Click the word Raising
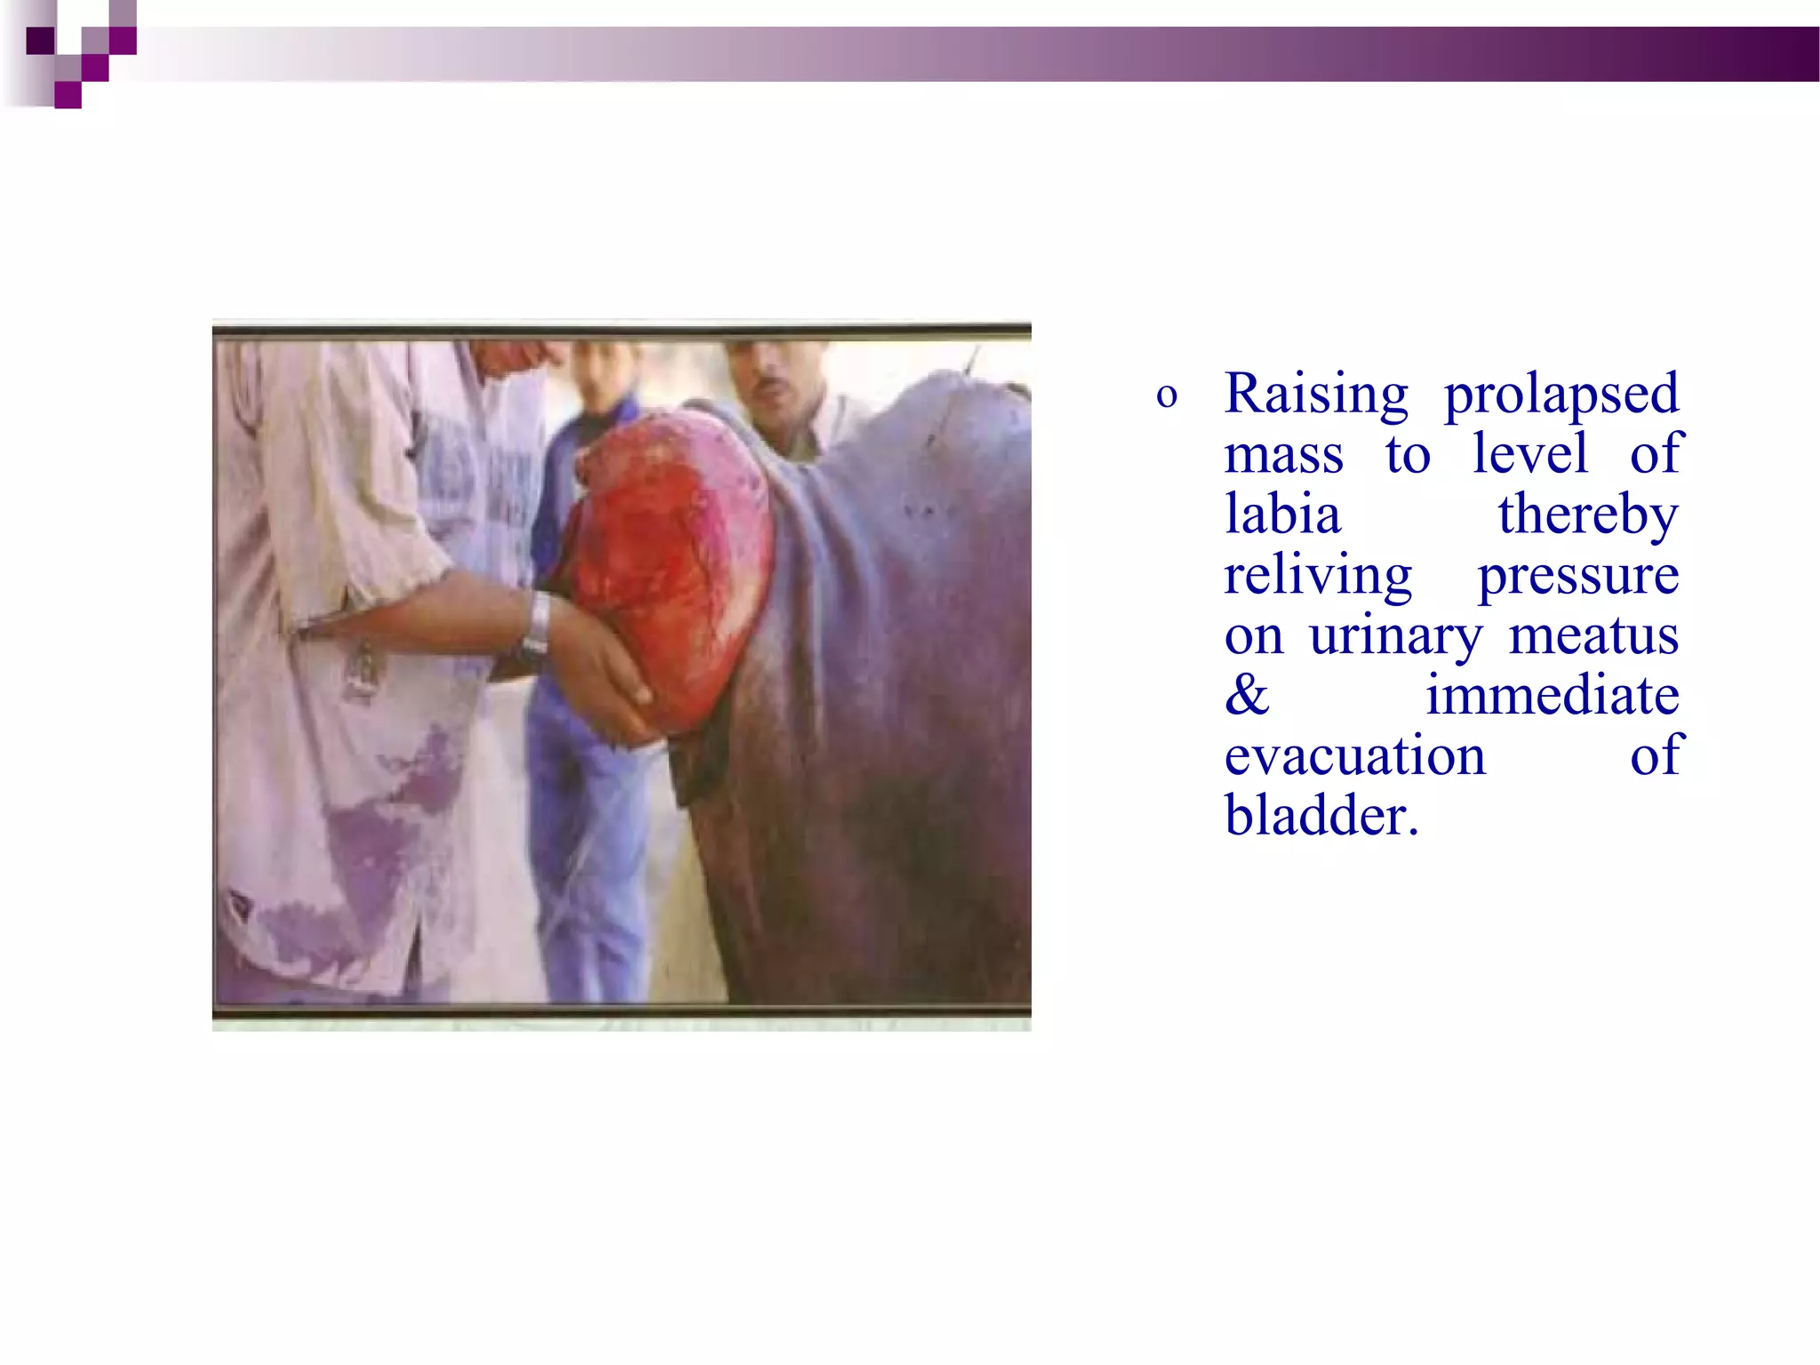[x=1315, y=395]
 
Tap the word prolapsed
[x=1561, y=395]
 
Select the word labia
[x=1281, y=515]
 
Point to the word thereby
[x=1587, y=515]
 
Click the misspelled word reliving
[x=1317, y=576]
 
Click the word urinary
[x=1395, y=637]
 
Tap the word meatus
[x=1593, y=636]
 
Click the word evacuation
[x=1353, y=756]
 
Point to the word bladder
[x=1320, y=816]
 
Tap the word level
[x=1529, y=455]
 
